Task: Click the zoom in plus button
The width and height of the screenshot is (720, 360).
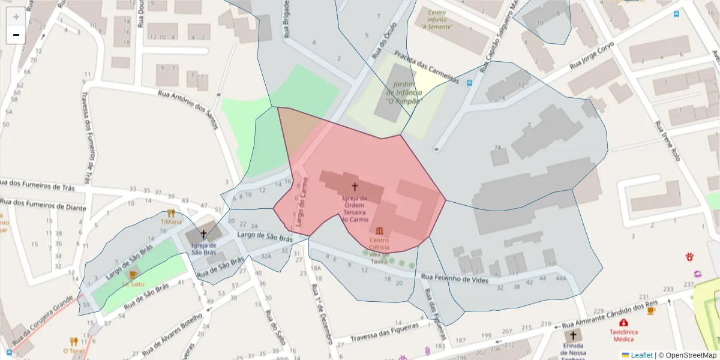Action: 16,17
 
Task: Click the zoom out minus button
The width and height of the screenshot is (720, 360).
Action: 16,35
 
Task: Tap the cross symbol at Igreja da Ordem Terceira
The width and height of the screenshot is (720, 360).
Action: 355,187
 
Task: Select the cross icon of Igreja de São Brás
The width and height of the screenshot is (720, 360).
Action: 203,234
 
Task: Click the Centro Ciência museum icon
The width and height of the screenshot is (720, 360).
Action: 379,232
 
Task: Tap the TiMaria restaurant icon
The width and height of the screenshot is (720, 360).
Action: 171,213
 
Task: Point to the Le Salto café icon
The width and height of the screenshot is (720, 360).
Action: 133,275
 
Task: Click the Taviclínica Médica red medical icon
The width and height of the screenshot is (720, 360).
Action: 623,323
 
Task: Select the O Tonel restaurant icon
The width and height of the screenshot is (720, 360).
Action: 74,341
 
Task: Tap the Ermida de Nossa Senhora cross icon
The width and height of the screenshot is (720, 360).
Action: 573,336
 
